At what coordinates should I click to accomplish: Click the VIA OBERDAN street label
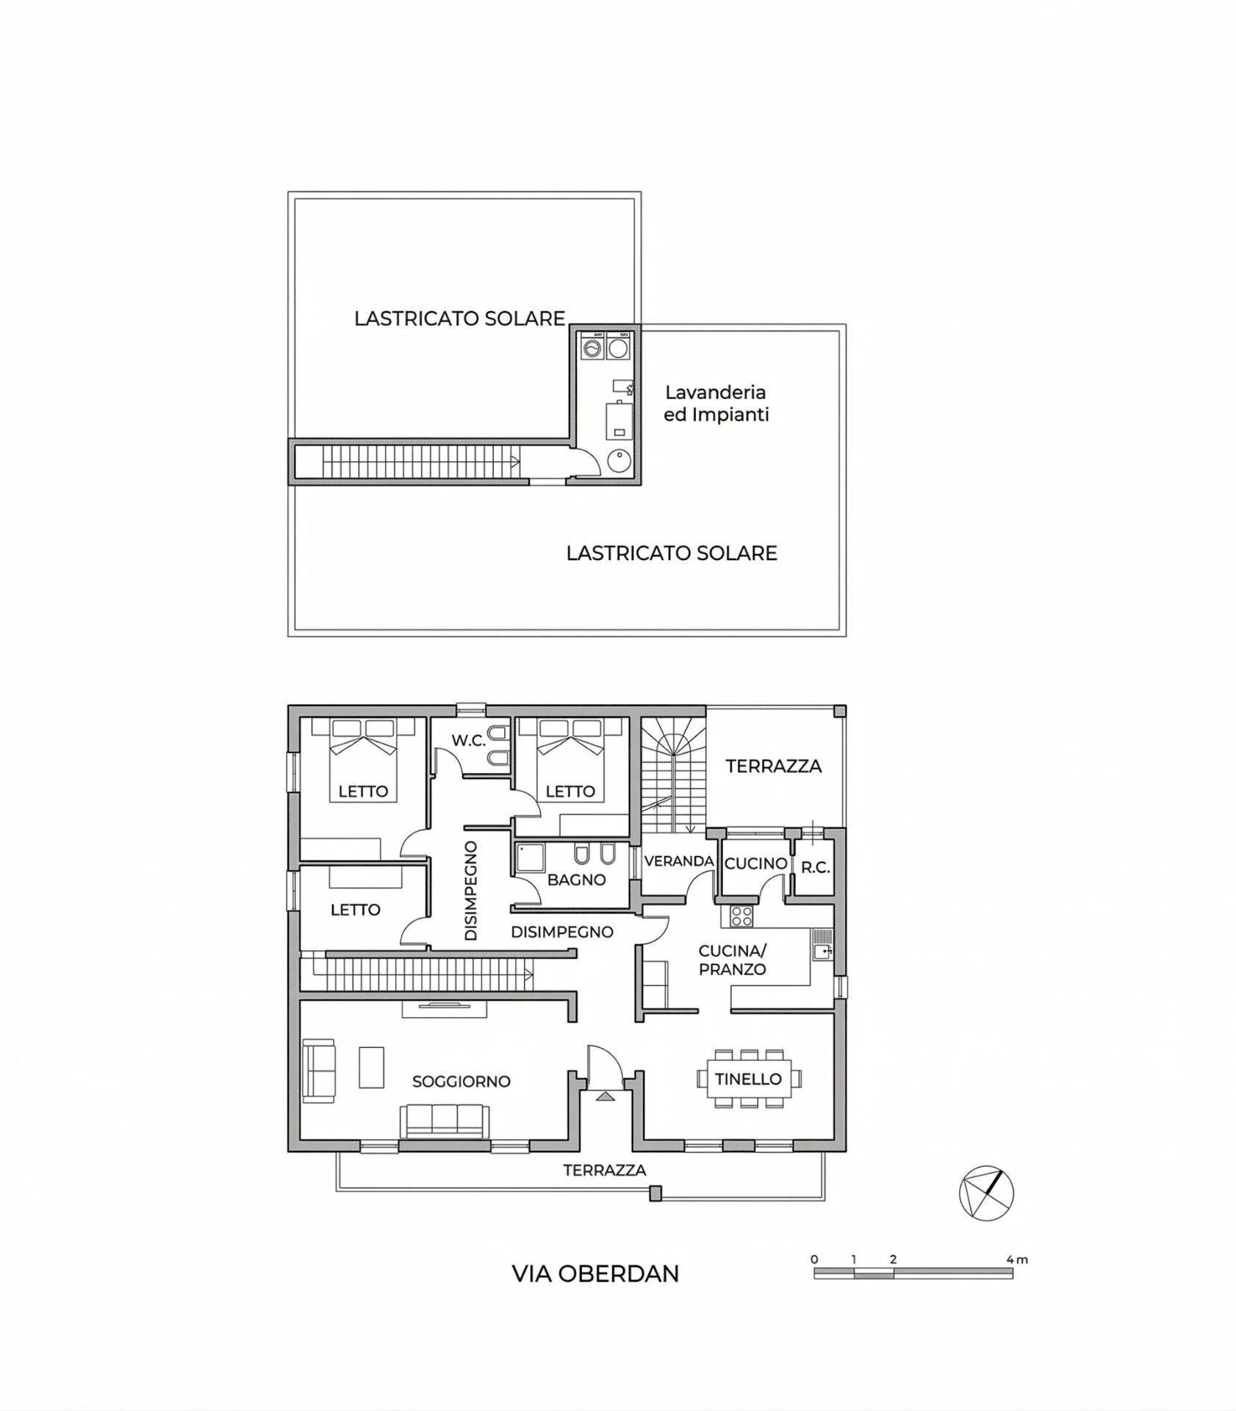click(x=595, y=1274)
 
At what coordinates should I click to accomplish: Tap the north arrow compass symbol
click(x=986, y=1193)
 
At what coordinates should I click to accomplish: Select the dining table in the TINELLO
click(x=749, y=1079)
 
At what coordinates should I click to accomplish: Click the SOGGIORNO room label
click(x=461, y=1081)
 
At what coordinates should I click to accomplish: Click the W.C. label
click(x=469, y=740)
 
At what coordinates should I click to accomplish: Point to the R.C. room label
click(x=815, y=867)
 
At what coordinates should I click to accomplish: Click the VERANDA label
click(x=679, y=861)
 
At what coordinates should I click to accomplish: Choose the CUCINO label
click(x=756, y=864)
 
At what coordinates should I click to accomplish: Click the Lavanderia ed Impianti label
click(x=716, y=403)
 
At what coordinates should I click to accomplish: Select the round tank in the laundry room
click(x=619, y=462)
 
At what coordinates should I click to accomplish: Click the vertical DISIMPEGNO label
click(x=471, y=890)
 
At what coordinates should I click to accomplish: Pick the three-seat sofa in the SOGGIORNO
click(x=444, y=1121)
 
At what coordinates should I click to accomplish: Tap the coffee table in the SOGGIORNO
click(x=371, y=1068)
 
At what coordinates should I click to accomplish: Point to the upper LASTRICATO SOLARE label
click(x=459, y=318)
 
